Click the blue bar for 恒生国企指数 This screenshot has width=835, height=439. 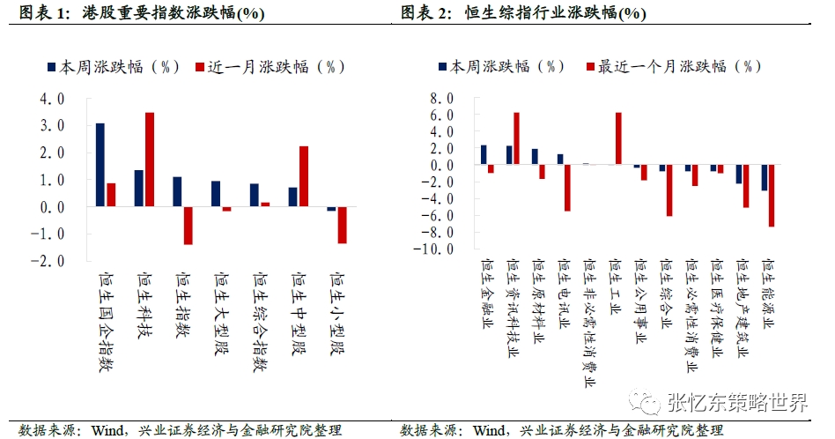[x=100, y=165]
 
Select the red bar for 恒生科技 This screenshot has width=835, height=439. [x=150, y=160]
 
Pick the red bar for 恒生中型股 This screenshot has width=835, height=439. [x=303, y=176]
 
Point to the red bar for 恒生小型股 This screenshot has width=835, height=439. [x=342, y=224]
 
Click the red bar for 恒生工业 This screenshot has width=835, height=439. [x=618, y=138]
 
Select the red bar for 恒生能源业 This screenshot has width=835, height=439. [x=772, y=196]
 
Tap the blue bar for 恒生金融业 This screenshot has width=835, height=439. [x=484, y=155]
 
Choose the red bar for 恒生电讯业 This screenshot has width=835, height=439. [x=567, y=188]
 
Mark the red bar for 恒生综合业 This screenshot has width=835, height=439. [x=669, y=190]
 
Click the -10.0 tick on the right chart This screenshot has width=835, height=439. [x=437, y=249]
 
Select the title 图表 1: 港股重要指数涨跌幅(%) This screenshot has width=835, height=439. [x=136, y=13]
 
